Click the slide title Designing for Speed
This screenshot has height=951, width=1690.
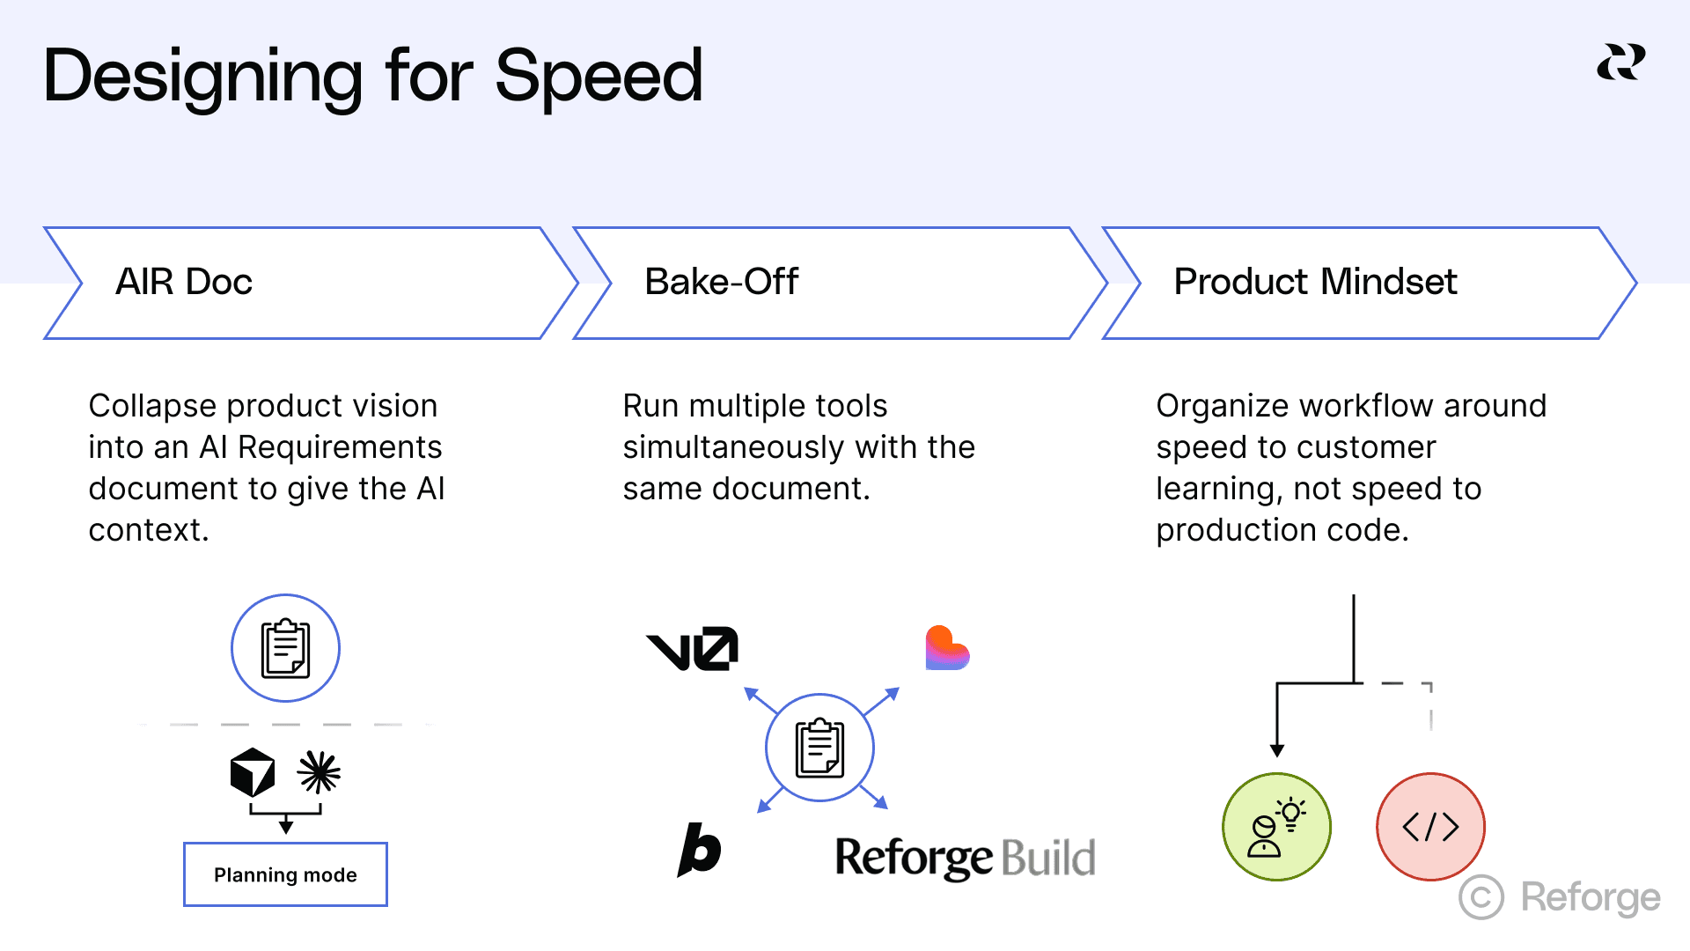[372, 77]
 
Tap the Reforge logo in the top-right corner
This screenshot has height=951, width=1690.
[1620, 63]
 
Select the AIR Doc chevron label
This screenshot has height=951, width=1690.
[184, 282]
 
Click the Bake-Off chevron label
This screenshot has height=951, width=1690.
[721, 282]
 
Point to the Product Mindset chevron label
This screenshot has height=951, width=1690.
[1315, 282]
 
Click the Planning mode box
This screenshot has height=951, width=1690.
[285, 874]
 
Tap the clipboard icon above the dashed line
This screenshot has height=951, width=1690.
[285, 648]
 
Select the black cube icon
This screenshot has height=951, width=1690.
[253, 772]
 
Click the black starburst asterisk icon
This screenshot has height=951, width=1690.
[319, 772]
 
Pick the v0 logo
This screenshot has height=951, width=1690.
[693, 649]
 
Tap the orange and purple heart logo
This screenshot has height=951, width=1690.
[946, 649]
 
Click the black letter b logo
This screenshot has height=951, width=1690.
[700, 850]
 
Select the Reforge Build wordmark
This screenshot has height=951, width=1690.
[965, 858]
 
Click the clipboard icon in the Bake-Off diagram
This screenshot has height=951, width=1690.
[819, 748]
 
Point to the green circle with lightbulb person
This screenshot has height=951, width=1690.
[1276, 827]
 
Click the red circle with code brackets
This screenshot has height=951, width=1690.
[1430, 827]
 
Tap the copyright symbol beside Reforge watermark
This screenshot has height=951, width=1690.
[1481, 897]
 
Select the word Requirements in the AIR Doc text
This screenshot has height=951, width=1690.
[340, 447]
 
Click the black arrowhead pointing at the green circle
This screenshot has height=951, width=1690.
[1277, 750]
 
